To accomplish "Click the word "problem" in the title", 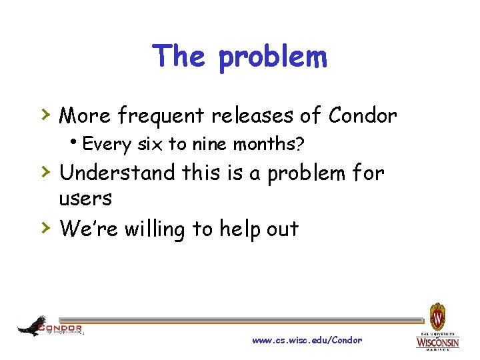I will [273, 58].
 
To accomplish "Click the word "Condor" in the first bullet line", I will [363, 116].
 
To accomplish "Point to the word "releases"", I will [253, 116].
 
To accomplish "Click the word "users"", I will [85, 198].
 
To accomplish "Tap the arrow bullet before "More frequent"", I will [46, 115].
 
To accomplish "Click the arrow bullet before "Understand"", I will [46, 173].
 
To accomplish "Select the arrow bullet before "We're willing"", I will [46, 228].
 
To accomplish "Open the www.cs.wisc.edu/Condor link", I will [307, 340].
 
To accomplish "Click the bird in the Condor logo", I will [31, 326].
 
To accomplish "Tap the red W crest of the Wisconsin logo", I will [437, 314].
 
